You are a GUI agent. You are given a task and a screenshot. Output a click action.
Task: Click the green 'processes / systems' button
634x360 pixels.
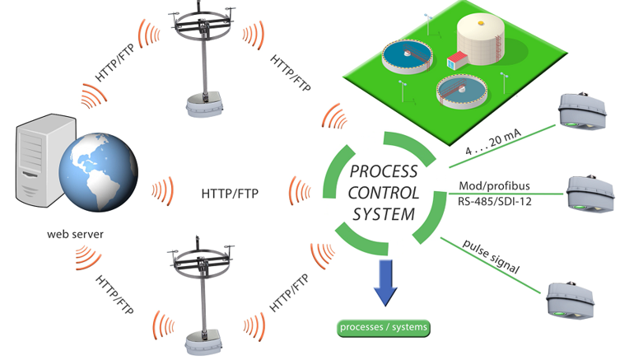(384, 327)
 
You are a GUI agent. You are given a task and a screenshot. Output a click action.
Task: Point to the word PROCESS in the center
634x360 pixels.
(384, 172)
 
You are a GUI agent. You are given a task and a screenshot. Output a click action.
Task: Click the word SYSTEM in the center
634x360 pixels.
(384, 213)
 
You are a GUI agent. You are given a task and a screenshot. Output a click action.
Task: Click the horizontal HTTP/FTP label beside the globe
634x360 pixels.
(230, 194)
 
